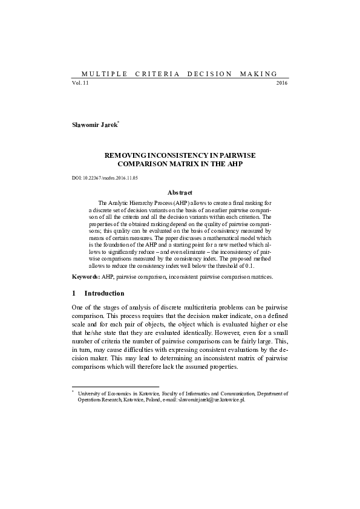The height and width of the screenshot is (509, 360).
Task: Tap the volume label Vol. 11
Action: (80, 82)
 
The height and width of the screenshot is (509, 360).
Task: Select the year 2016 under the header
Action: (282, 82)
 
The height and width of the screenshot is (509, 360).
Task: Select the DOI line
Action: (105, 178)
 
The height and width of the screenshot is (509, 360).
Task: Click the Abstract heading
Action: (180, 192)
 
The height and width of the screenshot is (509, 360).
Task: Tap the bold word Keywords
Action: (85, 276)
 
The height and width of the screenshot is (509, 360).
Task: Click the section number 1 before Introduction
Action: (73, 293)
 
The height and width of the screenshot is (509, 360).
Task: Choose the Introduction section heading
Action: (104, 293)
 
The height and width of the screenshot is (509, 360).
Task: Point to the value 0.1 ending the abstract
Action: (266, 265)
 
